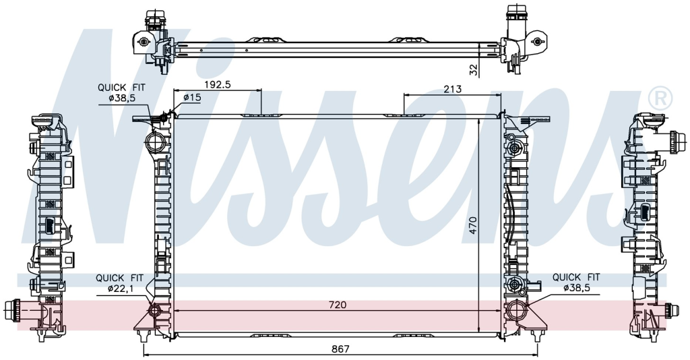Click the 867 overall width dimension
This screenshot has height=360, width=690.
coord(340,349)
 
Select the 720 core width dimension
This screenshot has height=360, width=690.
coord(338,305)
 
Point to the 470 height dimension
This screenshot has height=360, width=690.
coord(472,224)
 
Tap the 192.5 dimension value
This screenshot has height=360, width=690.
coord(217,84)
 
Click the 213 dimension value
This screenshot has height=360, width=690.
coord(452,89)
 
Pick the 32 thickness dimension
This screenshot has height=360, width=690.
coord(473,70)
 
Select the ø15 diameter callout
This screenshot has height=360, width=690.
coord(192,97)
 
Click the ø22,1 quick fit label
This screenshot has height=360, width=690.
coord(120,289)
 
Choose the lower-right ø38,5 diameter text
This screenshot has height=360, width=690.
coord(576,289)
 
